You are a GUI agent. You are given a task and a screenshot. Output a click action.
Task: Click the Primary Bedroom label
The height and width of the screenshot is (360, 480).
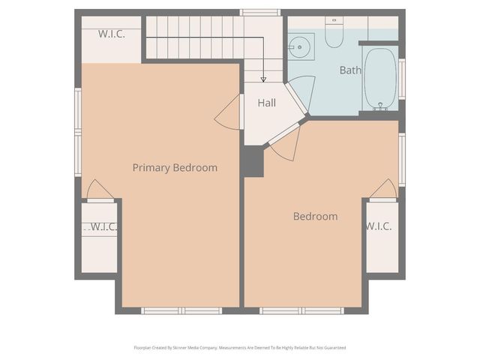(175, 167)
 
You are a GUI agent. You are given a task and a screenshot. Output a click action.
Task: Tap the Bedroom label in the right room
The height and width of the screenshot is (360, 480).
(315, 216)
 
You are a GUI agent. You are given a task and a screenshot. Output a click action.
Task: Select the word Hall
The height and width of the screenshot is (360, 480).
(267, 103)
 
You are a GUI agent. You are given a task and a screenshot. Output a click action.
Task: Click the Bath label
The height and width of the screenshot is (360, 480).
(350, 70)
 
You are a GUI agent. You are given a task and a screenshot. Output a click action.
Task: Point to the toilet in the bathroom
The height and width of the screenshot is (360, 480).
(334, 32)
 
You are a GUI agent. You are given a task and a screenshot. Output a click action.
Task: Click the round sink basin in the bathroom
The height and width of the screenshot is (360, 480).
(301, 47)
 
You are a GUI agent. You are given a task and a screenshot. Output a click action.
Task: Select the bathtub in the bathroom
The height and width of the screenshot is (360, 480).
(380, 78)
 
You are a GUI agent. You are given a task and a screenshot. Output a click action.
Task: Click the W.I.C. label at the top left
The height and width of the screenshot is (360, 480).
(111, 34)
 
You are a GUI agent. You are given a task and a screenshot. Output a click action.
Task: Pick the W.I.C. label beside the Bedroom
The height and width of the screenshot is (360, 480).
(379, 226)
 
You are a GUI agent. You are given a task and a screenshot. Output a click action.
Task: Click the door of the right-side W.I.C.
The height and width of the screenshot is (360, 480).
(384, 190)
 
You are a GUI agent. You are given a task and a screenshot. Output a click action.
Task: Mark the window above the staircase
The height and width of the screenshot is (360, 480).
(260, 12)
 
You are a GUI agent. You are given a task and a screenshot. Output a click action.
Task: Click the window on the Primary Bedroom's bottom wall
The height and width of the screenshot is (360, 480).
(181, 310)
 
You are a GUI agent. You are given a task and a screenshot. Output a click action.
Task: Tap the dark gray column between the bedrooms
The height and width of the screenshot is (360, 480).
(253, 161)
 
